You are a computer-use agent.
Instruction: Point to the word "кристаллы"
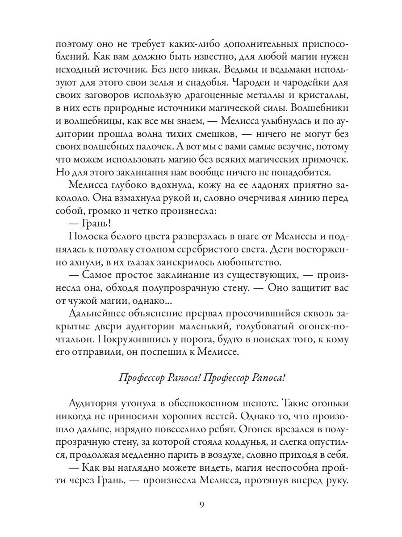[323, 96]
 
